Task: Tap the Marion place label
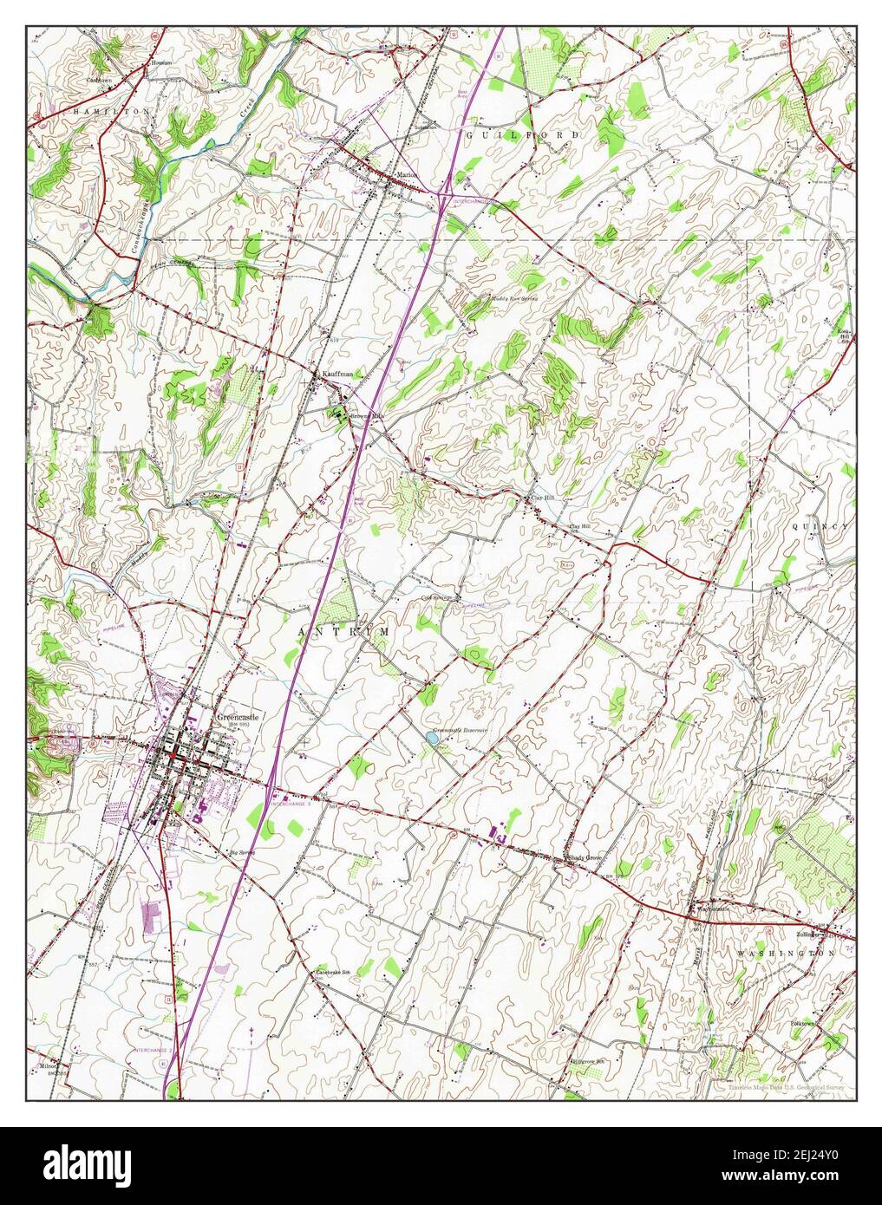coord(407,174)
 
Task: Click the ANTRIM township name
coord(343,632)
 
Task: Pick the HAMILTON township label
coord(112,113)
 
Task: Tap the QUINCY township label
coord(821,526)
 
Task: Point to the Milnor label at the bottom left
coord(48,1065)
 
